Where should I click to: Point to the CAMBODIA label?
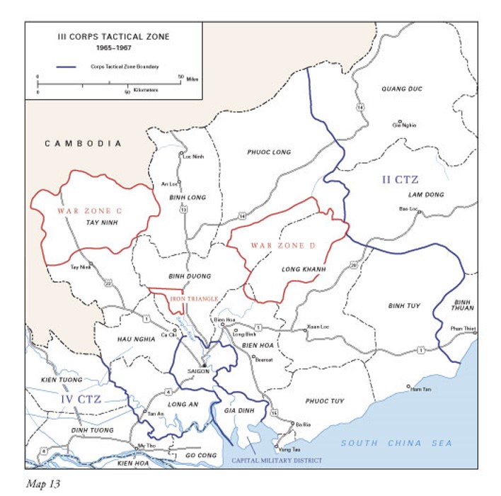pyautogui.click(x=83, y=143)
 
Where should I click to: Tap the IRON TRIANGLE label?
pyautogui.click(x=193, y=299)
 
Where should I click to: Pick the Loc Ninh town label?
pyautogui.click(x=193, y=157)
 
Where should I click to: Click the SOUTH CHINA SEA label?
pyautogui.click(x=396, y=444)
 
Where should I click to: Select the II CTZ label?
pyautogui.click(x=399, y=181)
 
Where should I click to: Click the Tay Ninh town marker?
pyautogui.click(x=91, y=263)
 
